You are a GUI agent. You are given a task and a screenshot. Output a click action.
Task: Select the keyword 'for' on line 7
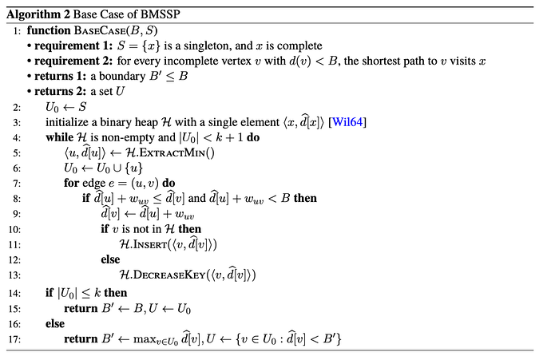click(72, 183)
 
